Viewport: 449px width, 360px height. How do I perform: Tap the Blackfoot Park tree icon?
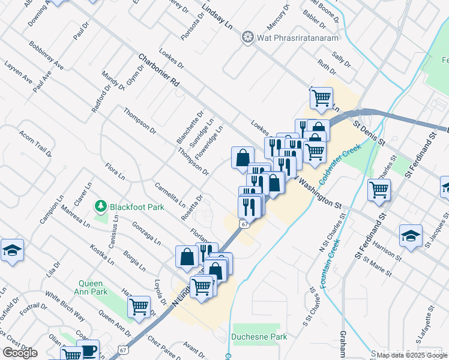click(101, 206)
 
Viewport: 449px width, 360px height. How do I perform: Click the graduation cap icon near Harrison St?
click(411, 235)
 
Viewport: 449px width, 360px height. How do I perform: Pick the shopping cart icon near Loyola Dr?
click(139, 307)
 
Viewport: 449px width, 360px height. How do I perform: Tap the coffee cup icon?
click(88, 350)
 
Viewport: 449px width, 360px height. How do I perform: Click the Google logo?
click(20, 352)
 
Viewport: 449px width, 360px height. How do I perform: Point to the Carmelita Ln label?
click(170, 194)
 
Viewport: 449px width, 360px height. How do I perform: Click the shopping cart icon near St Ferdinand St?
click(379, 190)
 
